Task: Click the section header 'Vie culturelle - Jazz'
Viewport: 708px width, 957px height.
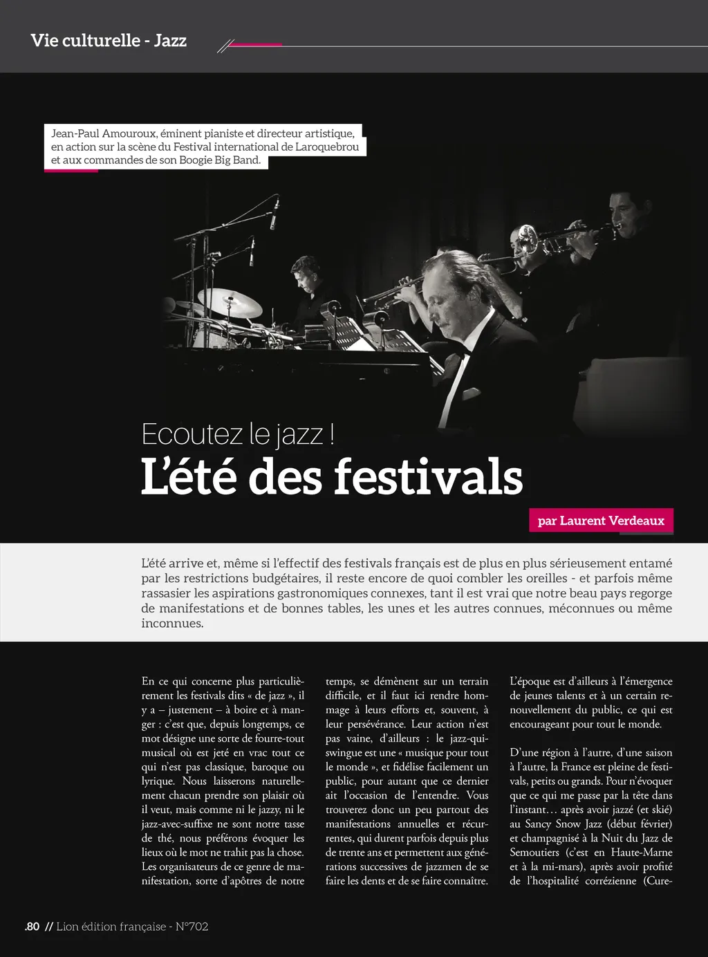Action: (109, 40)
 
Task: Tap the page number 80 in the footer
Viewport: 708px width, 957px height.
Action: (33, 927)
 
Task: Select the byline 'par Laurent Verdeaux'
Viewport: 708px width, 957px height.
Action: (601, 521)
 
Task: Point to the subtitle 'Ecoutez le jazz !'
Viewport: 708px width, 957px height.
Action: (238, 434)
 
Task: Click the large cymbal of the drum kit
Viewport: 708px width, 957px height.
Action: (230, 302)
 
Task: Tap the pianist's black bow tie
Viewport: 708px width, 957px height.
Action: (467, 351)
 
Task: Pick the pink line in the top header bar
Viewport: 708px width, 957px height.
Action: (254, 45)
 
